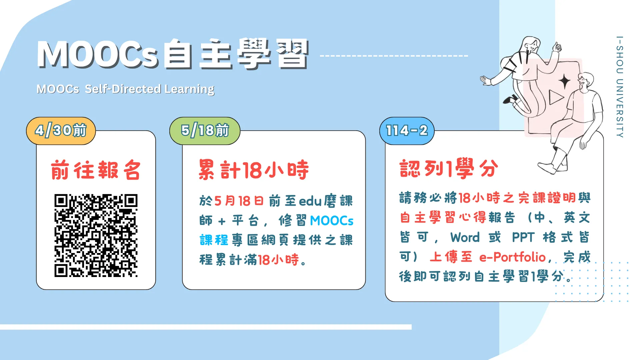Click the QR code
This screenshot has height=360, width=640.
96,235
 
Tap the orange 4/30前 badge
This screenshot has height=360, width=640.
61,131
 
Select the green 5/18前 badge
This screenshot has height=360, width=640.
205,131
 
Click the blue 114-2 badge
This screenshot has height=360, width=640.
407,131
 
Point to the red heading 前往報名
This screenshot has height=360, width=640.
96,170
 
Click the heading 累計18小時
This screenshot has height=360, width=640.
254,170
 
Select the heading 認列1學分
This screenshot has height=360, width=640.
449,168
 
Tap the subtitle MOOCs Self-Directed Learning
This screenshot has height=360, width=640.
125,89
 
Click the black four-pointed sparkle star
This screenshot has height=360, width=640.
565,81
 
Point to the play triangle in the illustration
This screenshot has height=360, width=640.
556,97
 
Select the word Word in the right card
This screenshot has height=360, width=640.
465,237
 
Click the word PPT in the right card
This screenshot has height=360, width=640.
523,237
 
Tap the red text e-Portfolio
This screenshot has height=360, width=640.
512,257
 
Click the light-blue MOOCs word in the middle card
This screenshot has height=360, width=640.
332,221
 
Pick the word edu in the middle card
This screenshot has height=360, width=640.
310,201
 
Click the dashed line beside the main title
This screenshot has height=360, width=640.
394,56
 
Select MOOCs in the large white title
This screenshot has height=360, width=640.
97,54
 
